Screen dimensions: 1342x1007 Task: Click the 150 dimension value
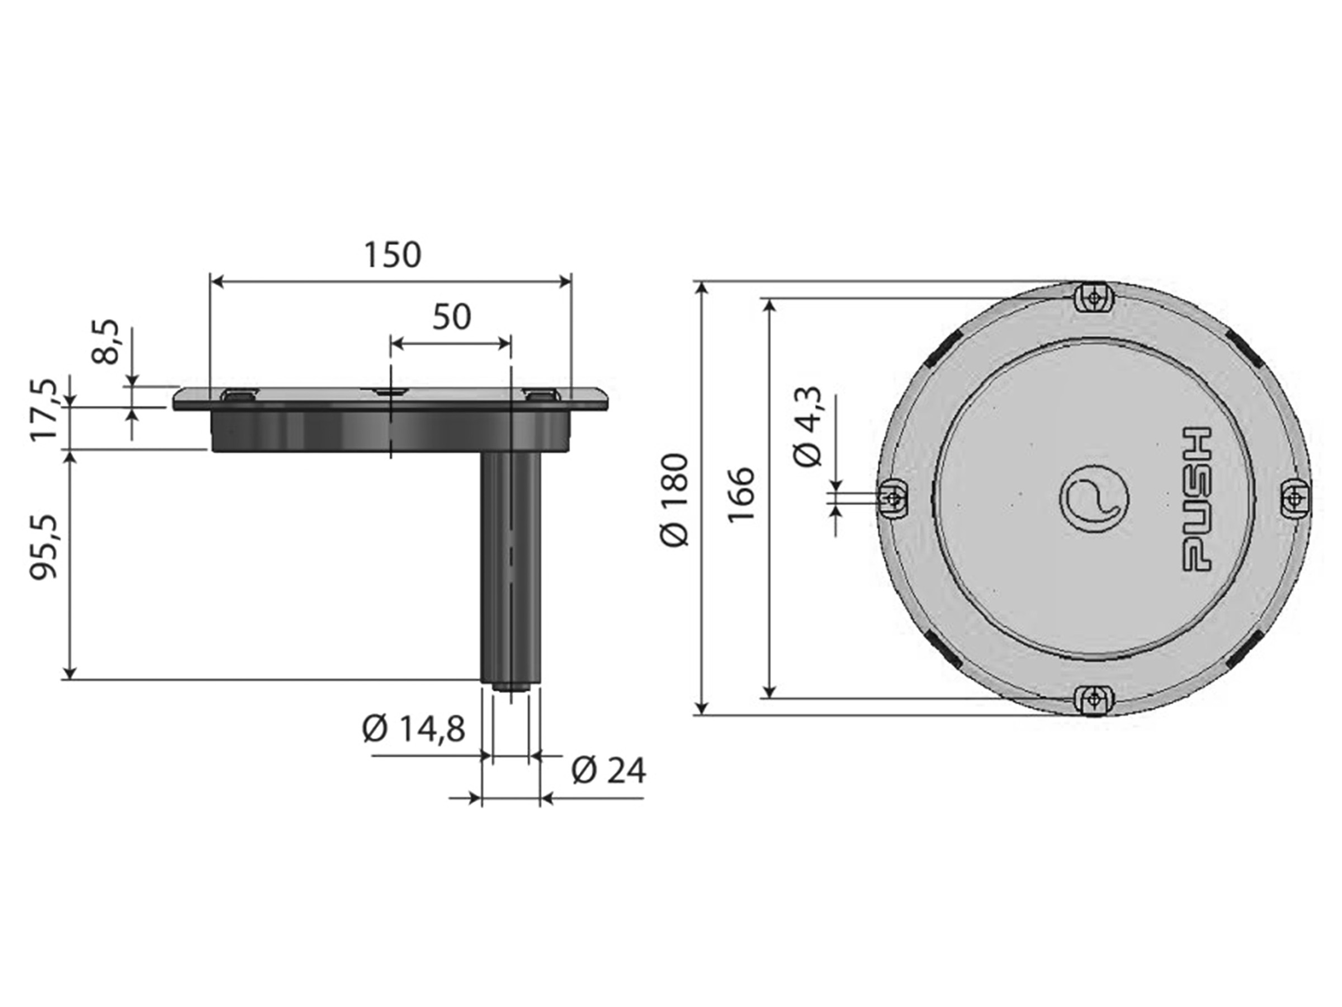392,255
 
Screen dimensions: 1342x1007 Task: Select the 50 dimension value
451,317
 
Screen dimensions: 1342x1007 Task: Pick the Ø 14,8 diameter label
413,728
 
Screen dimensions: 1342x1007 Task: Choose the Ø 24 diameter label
608,771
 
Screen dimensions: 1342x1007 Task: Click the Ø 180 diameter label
675,500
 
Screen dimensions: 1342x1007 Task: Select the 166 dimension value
741,494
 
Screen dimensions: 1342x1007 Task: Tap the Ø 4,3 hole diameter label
808,426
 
